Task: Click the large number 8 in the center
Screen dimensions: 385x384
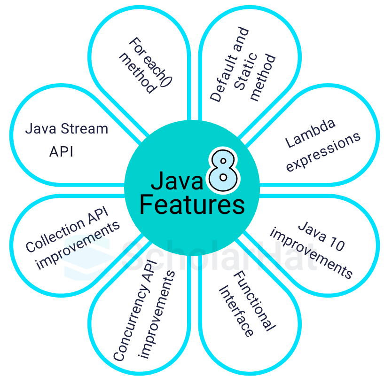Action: point(222,171)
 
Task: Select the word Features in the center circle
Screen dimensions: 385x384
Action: point(192,205)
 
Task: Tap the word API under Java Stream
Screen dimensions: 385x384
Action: point(61,152)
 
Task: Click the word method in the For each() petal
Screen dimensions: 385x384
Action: point(137,73)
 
